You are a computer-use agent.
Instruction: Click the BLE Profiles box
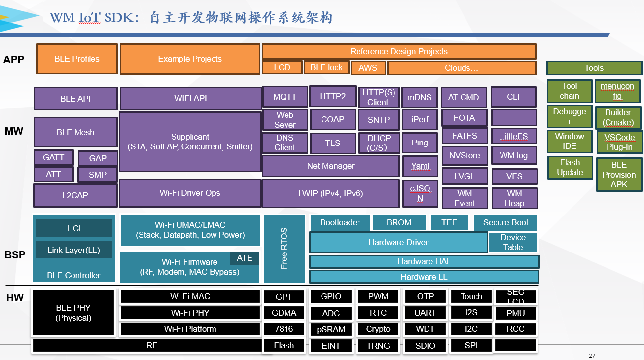(x=77, y=59)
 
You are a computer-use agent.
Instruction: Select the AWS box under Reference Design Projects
(x=368, y=68)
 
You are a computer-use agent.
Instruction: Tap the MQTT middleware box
(x=285, y=97)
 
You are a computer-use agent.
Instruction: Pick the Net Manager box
(x=330, y=166)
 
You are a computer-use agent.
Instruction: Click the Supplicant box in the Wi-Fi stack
(x=190, y=142)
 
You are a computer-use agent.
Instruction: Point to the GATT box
(x=54, y=158)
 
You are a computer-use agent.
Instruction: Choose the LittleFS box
(x=514, y=136)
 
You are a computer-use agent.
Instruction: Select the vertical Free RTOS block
(x=284, y=249)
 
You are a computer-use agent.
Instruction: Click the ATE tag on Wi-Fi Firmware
(x=244, y=258)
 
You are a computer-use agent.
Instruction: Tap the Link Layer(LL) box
(x=73, y=250)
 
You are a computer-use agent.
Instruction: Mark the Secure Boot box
(x=505, y=223)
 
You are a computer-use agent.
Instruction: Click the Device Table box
(x=513, y=242)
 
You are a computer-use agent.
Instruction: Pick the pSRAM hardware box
(x=331, y=329)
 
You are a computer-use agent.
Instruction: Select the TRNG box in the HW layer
(x=378, y=346)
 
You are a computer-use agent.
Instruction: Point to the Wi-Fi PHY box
(x=190, y=313)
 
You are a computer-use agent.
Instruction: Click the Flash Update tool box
(x=570, y=168)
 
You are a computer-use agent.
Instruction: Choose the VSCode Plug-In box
(x=619, y=142)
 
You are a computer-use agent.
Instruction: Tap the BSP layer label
(x=15, y=255)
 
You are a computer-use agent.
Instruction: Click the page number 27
(x=592, y=356)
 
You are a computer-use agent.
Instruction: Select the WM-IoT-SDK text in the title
(x=91, y=18)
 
